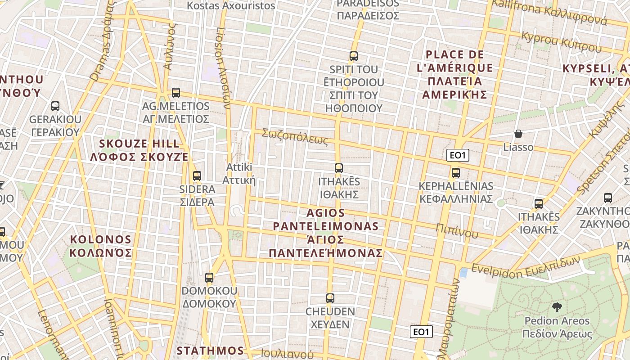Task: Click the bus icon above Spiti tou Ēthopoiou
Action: (x=354, y=56)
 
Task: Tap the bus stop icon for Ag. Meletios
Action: (x=175, y=93)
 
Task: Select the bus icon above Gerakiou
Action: (x=55, y=106)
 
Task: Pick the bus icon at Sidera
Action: (x=197, y=175)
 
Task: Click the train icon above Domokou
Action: (x=209, y=277)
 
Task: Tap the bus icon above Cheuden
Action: (x=330, y=298)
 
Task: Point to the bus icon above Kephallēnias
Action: (x=456, y=172)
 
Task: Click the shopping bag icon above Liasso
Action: (x=518, y=134)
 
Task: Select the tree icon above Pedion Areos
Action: (x=557, y=307)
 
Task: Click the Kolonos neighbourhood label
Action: (x=101, y=246)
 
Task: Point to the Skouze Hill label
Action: (x=139, y=150)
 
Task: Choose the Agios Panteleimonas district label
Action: (x=326, y=233)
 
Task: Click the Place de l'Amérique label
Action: (x=454, y=74)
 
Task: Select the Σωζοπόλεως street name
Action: (x=295, y=137)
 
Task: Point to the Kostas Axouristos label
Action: (x=231, y=6)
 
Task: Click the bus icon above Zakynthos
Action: (x=607, y=198)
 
